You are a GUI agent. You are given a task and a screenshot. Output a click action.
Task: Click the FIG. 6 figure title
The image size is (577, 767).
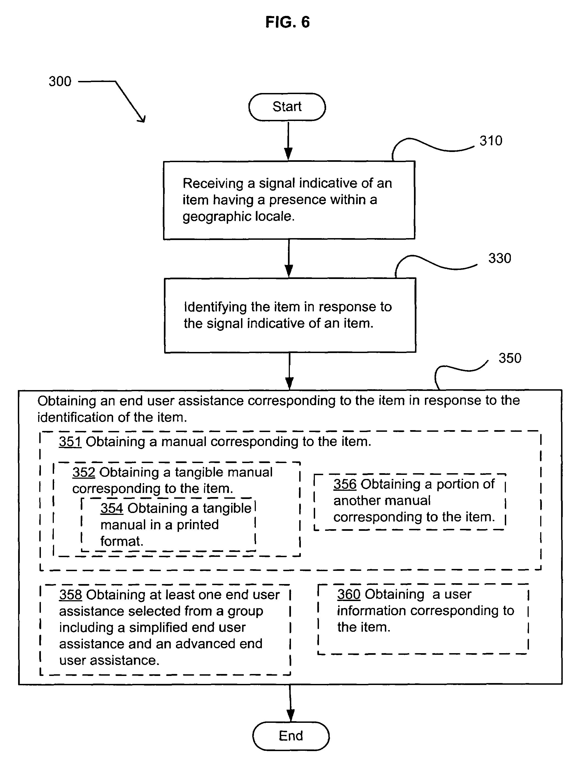287,22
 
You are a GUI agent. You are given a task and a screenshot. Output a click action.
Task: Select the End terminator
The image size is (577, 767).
291,736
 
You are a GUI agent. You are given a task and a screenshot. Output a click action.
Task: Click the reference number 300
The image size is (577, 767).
60,81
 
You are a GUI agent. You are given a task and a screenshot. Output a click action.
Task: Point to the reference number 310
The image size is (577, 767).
491,141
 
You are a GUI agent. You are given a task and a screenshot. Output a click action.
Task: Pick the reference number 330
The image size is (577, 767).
500,258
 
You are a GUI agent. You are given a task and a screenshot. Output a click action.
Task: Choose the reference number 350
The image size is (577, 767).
510,358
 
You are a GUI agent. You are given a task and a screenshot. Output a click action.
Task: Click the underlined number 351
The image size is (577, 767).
70,442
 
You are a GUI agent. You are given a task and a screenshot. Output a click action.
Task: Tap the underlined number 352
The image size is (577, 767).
84,472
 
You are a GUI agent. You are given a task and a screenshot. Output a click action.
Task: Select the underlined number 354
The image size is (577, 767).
112,508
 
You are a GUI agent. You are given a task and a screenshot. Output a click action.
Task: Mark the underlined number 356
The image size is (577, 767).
345,484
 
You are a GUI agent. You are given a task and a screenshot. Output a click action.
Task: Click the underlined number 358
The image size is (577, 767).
71,595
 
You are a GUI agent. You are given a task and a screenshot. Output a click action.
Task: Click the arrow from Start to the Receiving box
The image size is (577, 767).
288,141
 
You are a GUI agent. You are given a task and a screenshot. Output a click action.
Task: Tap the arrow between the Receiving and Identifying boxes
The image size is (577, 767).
289,258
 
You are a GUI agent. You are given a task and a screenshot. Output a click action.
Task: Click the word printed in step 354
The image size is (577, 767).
198,525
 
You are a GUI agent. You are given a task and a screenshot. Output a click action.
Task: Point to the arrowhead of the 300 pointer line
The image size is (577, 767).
144,122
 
